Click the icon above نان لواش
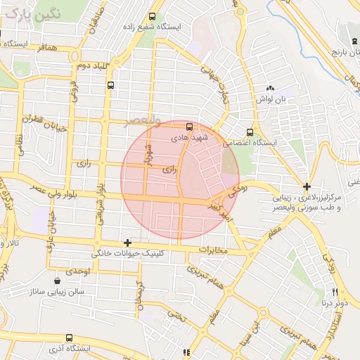tap(271, 89)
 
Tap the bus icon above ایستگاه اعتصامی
tap(250, 131)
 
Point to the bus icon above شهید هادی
tap(189, 127)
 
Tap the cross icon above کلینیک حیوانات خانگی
tap(127, 243)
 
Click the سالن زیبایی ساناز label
tap(56, 290)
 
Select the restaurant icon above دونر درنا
tap(335, 292)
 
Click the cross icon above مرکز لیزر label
tap(307, 186)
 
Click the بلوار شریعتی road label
tap(103, 203)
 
